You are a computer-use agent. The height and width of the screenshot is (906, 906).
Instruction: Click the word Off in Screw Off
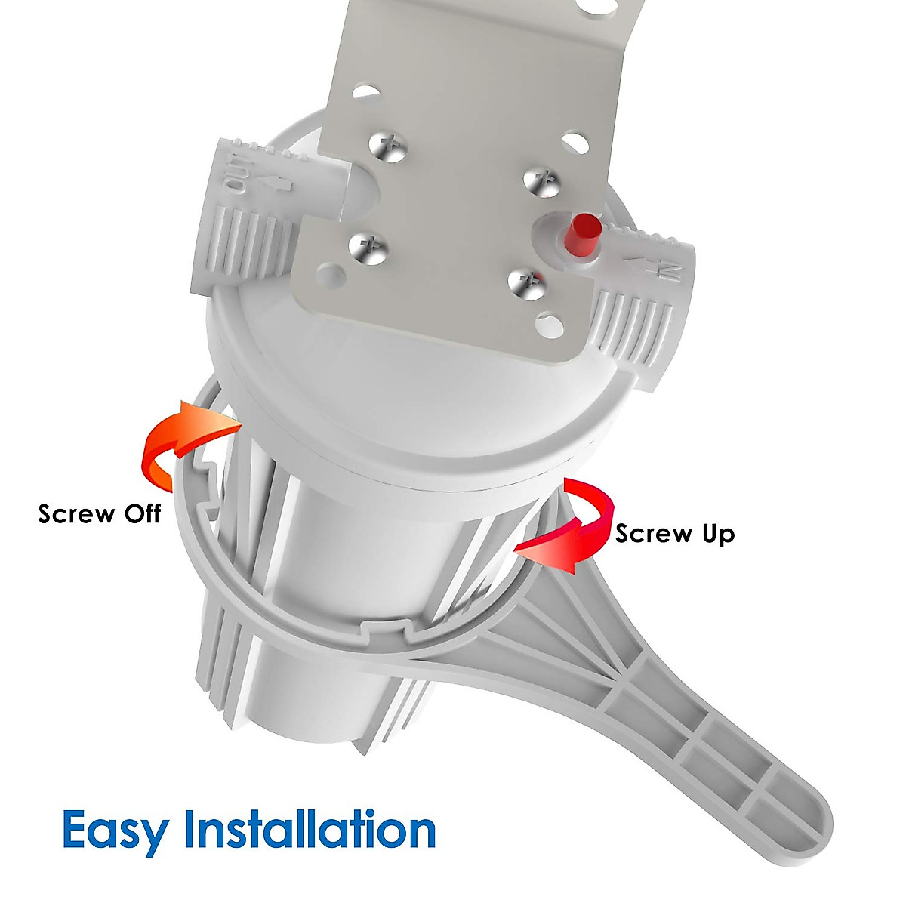[x=142, y=514]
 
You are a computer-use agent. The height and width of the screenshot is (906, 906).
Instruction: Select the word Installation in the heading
[x=310, y=829]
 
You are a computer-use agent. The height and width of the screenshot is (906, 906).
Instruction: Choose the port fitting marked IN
[x=642, y=302]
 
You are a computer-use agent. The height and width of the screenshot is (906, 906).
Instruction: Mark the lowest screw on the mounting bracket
[x=527, y=282]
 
